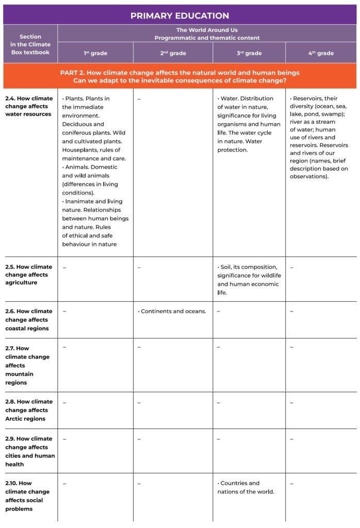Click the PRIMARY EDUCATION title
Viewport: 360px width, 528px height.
(x=179, y=15)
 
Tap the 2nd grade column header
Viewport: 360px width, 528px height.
(x=172, y=53)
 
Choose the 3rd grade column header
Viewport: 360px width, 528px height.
(x=249, y=53)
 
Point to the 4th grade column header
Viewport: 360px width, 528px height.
(x=320, y=53)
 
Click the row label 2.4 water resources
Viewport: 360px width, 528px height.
(x=29, y=106)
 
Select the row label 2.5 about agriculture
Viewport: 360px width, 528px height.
(x=29, y=274)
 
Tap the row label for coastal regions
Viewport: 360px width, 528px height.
(x=29, y=320)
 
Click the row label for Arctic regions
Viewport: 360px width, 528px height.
(x=29, y=410)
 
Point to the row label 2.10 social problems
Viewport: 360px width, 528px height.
(x=24, y=496)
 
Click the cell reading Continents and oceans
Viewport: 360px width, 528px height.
(x=172, y=311)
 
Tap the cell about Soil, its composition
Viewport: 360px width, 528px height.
(x=248, y=279)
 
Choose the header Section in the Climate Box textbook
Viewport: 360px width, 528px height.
(x=30, y=44)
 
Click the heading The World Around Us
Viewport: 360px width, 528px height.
(x=206, y=30)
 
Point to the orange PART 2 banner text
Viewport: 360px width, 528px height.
(x=179, y=76)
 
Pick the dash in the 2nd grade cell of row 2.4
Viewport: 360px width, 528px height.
(x=139, y=98)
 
